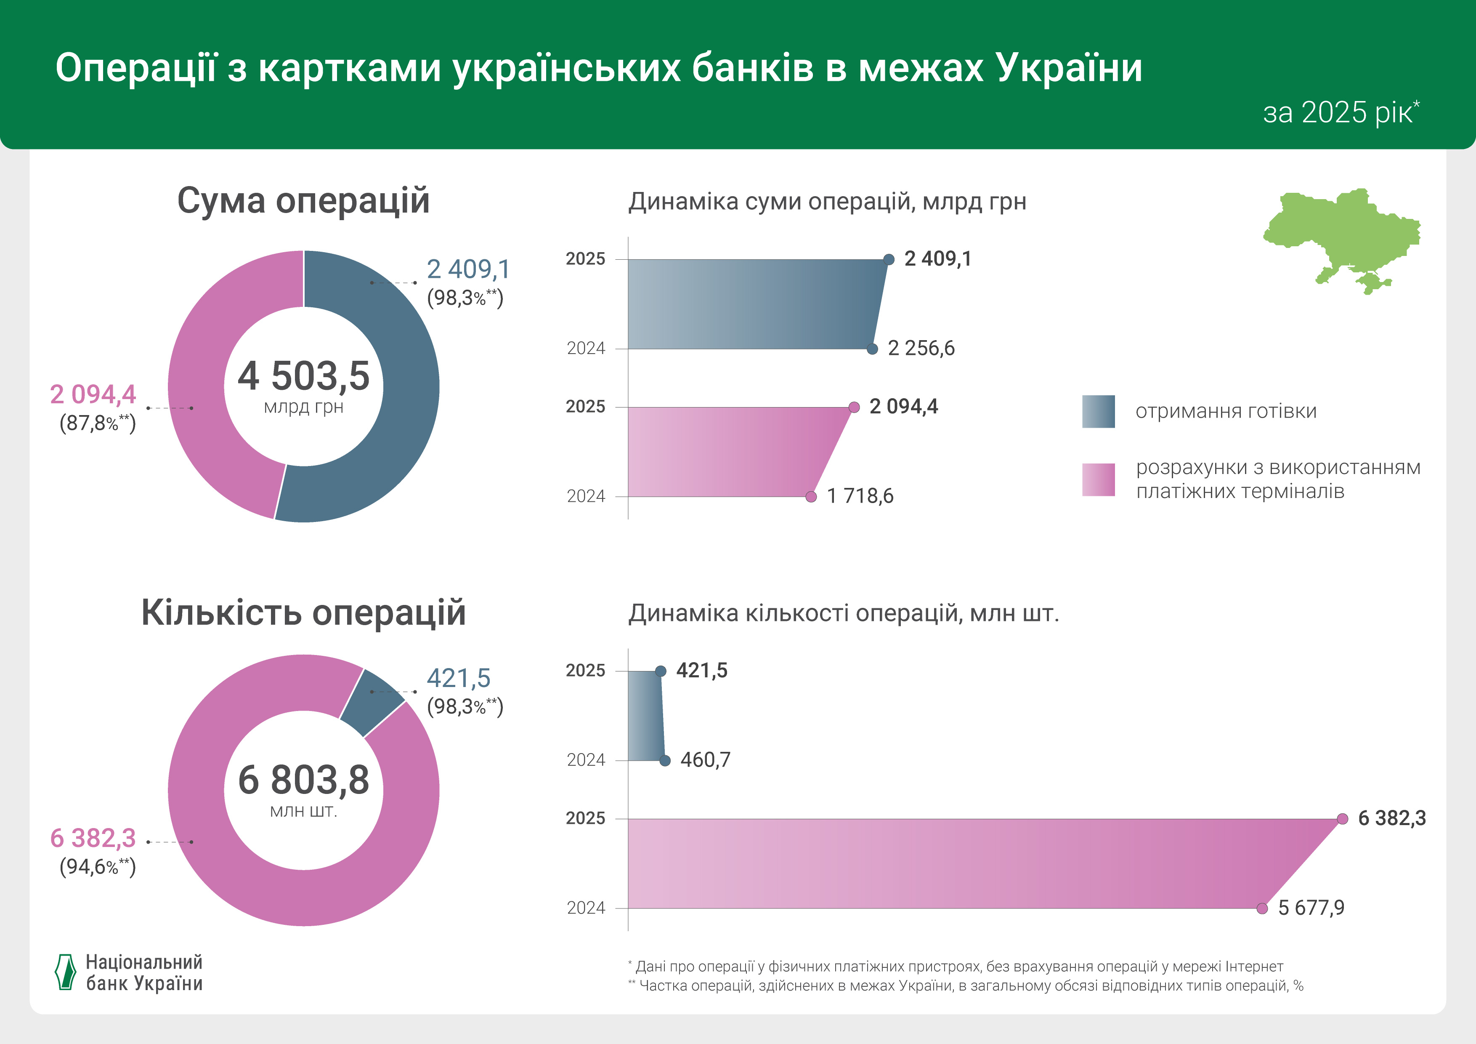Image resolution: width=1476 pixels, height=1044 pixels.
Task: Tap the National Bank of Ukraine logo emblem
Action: (65, 972)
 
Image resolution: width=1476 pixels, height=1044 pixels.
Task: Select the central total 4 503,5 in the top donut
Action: (303, 376)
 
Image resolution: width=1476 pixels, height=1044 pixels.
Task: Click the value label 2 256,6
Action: (921, 349)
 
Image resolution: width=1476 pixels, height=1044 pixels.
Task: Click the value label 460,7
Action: (705, 760)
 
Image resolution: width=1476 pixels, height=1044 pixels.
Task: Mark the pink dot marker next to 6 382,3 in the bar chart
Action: (1342, 819)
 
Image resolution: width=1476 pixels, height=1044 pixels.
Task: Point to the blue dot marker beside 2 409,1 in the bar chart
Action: (889, 260)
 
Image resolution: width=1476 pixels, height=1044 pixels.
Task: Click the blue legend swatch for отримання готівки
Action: (1098, 412)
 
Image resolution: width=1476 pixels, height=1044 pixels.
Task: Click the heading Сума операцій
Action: (303, 201)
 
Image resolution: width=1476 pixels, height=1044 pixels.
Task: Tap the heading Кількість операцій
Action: (303, 613)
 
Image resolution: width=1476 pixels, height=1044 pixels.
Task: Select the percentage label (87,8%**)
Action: (98, 423)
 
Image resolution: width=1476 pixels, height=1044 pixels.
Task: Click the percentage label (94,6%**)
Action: (98, 867)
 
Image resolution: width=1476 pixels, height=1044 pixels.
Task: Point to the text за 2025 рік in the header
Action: (1341, 112)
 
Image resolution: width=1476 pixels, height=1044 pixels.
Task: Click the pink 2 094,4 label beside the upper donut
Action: (93, 394)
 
